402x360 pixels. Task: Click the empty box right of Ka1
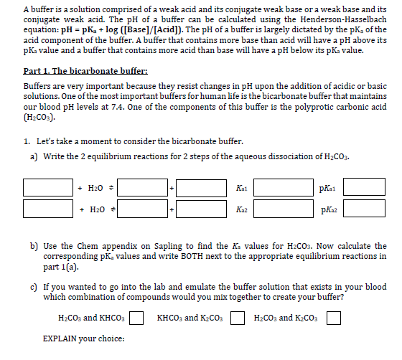pyautogui.click(x=280, y=188)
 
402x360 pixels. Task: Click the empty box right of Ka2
pyautogui.click(x=280, y=209)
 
